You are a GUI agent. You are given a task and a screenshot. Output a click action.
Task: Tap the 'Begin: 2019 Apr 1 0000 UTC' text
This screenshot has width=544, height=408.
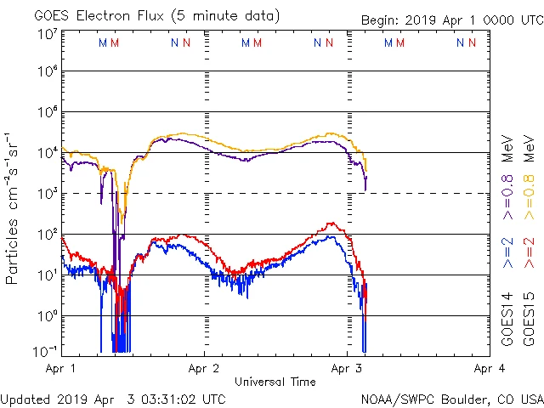[451, 20]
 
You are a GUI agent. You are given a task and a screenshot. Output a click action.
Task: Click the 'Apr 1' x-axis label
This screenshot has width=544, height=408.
[61, 368]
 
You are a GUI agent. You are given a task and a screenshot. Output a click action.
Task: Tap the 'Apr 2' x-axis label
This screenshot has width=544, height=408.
[204, 368]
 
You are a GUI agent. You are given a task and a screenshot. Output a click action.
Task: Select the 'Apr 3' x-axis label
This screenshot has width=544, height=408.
[346, 368]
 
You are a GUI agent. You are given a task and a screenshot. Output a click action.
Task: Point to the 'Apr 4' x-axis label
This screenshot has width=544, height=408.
[489, 368]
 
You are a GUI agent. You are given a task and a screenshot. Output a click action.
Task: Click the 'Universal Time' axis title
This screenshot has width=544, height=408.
[275, 382]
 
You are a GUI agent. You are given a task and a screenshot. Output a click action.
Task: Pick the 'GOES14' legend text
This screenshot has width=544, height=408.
[507, 321]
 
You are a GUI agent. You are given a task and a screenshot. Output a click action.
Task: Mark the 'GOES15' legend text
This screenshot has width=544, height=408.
[529, 321]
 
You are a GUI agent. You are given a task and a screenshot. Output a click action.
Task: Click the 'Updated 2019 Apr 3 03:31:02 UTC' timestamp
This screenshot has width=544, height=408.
[113, 399]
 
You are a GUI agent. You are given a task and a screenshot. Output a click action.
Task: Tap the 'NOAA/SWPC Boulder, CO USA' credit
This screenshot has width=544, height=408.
[451, 399]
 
